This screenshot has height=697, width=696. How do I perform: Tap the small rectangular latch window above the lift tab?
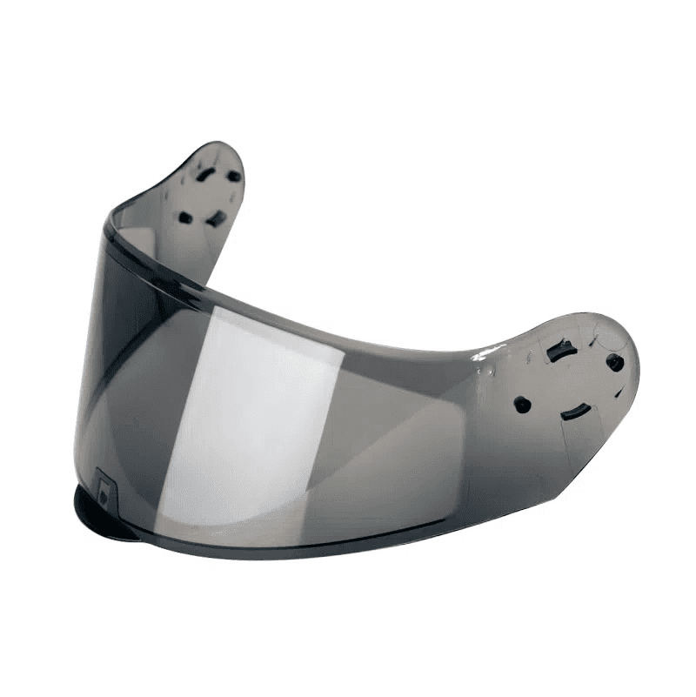pos(105,489)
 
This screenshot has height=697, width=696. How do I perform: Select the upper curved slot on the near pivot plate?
pos(557,353)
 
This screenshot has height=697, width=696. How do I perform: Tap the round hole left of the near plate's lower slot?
pos(522,404)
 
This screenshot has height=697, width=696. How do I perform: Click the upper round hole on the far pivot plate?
pos(234,176)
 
